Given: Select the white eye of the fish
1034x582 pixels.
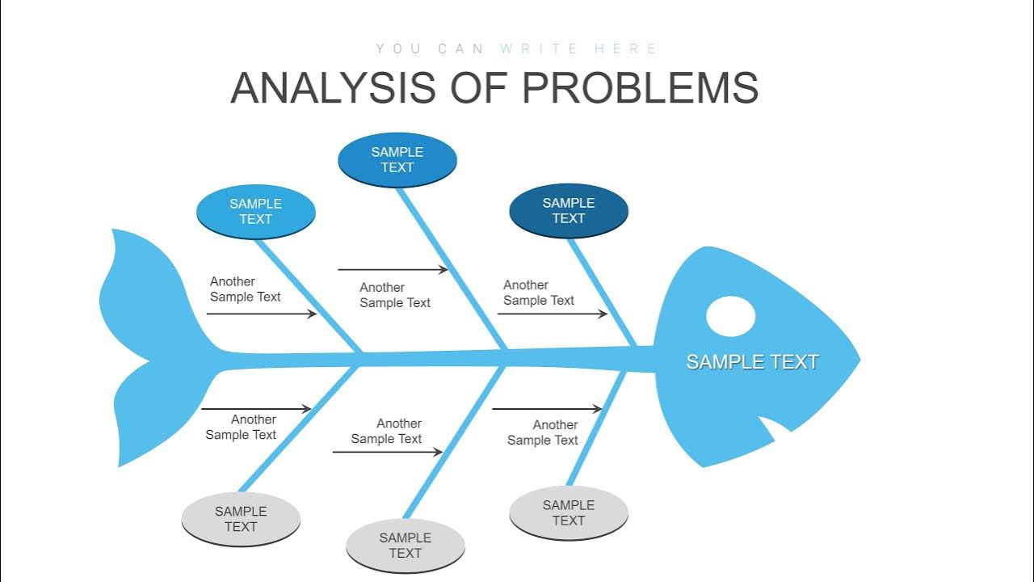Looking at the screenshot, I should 730,316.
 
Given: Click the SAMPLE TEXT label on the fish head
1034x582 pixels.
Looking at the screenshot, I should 752,362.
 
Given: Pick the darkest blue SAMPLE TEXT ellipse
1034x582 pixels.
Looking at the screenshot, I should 568,210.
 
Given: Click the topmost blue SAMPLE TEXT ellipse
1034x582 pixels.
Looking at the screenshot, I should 397,159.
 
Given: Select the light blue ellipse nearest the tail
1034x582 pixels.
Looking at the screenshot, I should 255,211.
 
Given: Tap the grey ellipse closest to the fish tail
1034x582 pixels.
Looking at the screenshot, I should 241,518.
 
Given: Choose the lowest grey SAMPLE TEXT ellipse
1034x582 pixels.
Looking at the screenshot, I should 405,545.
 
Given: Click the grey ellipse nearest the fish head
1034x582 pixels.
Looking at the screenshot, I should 568,512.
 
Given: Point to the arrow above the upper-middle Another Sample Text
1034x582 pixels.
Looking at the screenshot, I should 393,270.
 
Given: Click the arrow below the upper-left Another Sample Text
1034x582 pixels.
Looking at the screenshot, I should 262,314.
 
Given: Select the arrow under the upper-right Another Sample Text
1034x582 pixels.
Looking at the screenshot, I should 552,314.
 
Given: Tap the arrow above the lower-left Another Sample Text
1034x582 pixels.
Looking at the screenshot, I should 256,409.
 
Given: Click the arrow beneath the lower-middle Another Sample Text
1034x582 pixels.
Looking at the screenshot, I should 387,452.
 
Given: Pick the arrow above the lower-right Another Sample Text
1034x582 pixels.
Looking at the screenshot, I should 547,409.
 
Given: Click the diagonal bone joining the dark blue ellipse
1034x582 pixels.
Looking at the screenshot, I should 602,291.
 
